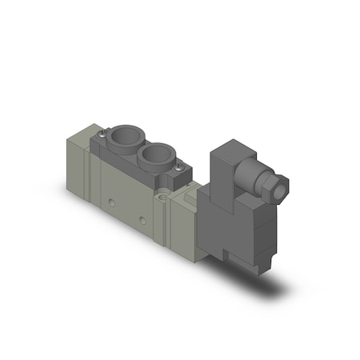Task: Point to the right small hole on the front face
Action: (142, 218)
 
